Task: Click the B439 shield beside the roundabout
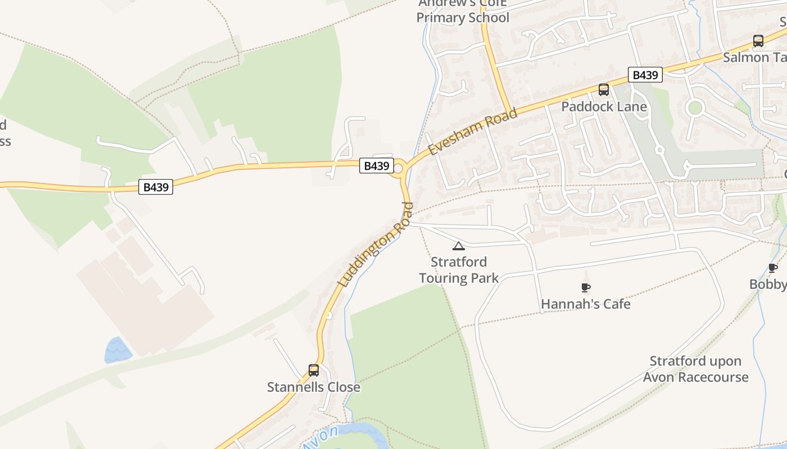[x=376, y=166]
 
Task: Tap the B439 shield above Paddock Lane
[x=645, y=75]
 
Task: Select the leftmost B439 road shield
[x=156, y=187]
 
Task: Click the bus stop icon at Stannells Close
[x=314, y=370]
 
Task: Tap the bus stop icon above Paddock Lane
[x=604, y=90]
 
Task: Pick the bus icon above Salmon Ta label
[x=758, y=41]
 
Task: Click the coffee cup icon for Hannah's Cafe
[x=585, y=288]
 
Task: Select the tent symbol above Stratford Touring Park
[x=459, y=246]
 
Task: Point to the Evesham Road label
[x=472, y=132]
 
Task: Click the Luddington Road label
[x=376, y=245]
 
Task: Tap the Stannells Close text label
[x=314, y=387]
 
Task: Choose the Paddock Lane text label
[x=604, y=107]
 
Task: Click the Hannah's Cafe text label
[x=585, y=304]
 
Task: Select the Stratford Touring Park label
[x=459, y=270]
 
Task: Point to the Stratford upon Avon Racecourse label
[x=695, y=369]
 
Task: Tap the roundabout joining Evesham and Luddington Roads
[x=399, y=168]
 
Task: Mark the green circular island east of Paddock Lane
[x=695, y=107]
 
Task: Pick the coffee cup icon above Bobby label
[x=773, y=268]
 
